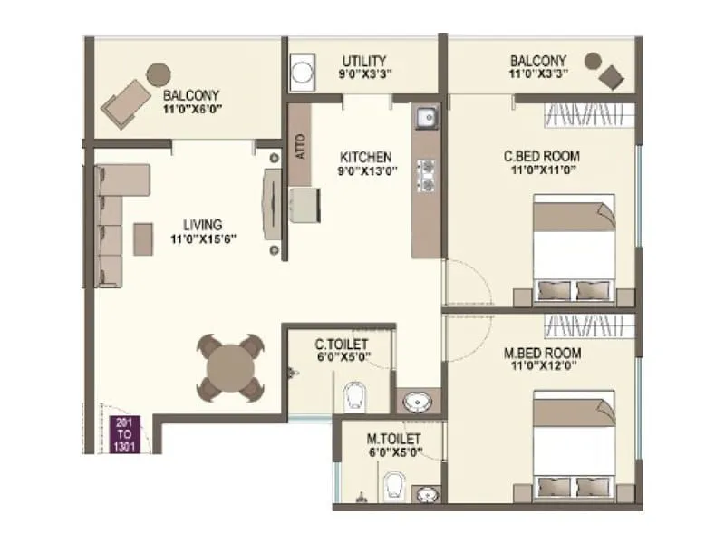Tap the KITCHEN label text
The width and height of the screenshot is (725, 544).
coord(360,156)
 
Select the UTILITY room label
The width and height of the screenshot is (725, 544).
coord(364,62)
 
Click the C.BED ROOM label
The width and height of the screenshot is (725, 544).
coord(541,156)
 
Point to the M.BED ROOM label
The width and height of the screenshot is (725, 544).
coord(543,353)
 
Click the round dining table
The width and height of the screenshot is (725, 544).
coord(231,368)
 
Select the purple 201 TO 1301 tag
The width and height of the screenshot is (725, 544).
coord(124,433)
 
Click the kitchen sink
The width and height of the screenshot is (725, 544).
coord(425,118)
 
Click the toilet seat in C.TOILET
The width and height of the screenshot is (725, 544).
coord(354,394)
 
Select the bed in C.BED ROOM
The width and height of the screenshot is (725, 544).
coord(572,253)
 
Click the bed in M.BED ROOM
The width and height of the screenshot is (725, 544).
coord(572,445)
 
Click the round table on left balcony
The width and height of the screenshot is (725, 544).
coord(159,74)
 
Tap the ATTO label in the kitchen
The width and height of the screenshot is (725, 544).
coord(300,147)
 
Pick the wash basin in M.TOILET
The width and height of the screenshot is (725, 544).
coord(427,494)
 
